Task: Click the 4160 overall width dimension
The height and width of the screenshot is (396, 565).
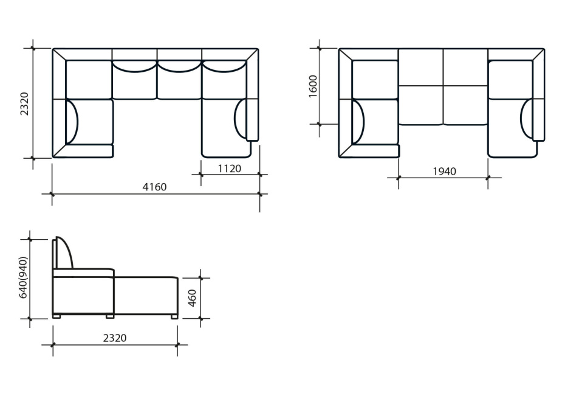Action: point(154,187)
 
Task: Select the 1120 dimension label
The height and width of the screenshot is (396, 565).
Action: point(230,168)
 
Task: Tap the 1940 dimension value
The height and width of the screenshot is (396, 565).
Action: point(444,172)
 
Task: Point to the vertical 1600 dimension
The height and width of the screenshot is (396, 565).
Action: point(313,86)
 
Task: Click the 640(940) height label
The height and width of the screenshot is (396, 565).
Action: point(22,278)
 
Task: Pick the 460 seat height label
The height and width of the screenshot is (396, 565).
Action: point(193,298)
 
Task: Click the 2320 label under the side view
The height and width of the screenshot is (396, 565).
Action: point(115,338)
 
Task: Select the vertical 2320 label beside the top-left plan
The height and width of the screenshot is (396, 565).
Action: point(24,103)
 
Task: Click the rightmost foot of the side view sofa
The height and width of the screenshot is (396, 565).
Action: point(174,316)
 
